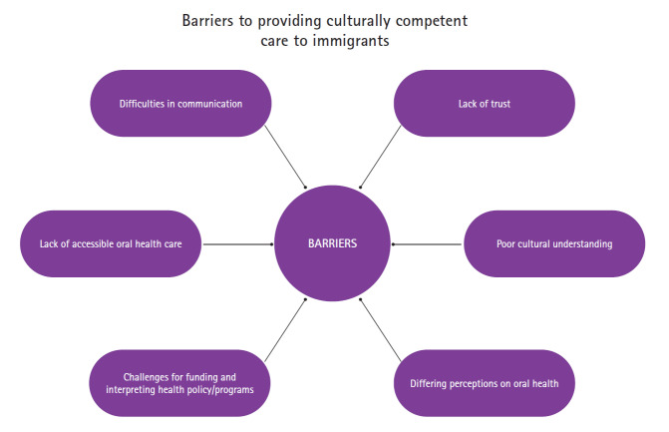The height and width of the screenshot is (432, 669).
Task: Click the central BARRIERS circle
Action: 334,243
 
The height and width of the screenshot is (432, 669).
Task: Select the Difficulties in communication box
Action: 180,104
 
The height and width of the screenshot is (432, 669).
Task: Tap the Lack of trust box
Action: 485,104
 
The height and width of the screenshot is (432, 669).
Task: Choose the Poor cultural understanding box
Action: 554,243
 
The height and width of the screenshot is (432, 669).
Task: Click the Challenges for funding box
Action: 180,382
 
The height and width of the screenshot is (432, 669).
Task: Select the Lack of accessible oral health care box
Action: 111,243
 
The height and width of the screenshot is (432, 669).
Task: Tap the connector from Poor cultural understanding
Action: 429,243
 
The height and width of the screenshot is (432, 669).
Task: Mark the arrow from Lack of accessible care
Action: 239,243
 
